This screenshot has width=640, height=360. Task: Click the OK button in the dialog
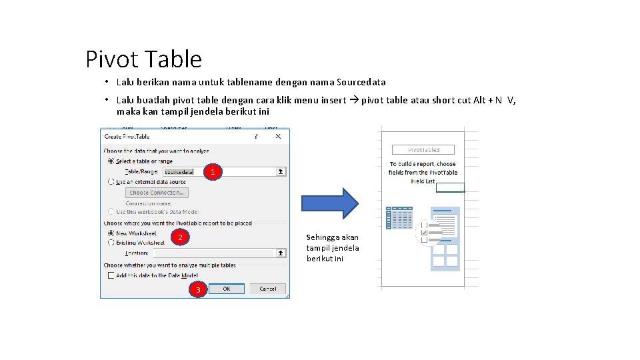click(227, 289)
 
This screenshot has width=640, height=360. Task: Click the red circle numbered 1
click(212, 173)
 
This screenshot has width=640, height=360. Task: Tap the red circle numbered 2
click(180, 238)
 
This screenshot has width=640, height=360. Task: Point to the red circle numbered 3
click(197, 289)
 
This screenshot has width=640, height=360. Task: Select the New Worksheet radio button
click(111, 233)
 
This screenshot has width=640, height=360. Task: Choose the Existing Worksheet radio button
click(111, 243)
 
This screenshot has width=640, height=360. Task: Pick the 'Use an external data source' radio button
click(111, 181)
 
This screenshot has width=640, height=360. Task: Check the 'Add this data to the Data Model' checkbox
click(111, 275)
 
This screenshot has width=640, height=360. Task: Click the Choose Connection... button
click(157, 193)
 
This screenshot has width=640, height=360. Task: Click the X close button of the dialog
click(279, 137)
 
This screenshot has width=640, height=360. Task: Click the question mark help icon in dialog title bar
click(255, 137)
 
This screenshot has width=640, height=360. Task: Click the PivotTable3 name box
click(423, 150)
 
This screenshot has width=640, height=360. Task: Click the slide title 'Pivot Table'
click(143, 59)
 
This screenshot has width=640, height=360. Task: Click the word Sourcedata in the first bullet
click(361, 83)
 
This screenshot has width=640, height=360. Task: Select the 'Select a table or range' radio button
click(111, 161)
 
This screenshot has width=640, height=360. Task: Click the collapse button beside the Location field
click(281, 253)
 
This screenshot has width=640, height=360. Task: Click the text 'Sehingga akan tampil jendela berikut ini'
click(333, 247)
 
